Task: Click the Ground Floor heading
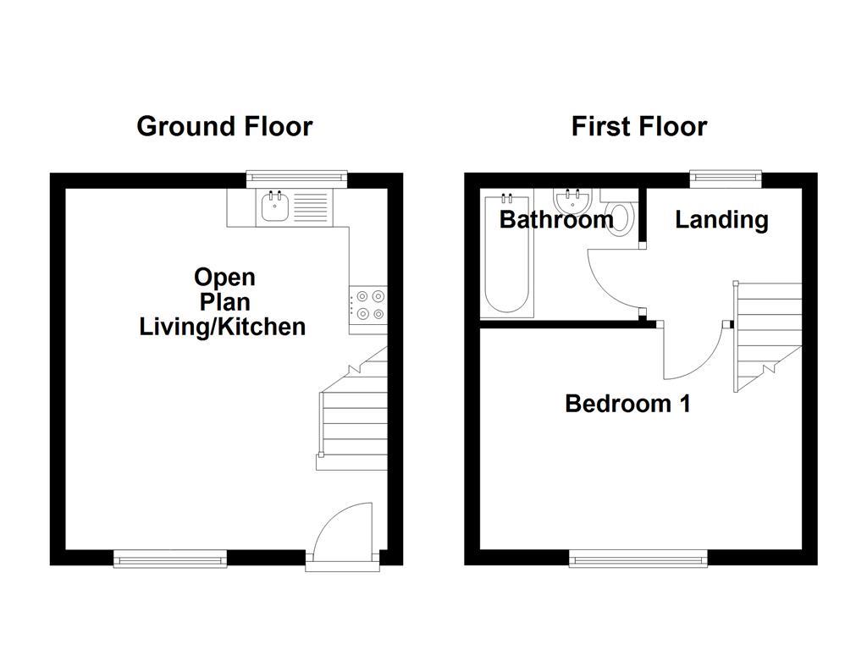click(x=224, y=127)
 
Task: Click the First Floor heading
click(x=638, y=127)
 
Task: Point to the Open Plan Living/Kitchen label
click(x=222, y=302)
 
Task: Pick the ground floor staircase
click(x=354, y=415)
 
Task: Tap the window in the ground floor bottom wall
click(x=170, y=558)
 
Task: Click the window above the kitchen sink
click(x=296, y=178)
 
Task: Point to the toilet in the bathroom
click(x=621, y=215)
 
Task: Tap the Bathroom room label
click(x=555, y=220)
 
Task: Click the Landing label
click(x=721, y=220)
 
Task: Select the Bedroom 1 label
click(x=627, y=404)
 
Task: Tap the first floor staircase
click(x=766, y=334)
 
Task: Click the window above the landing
click(x=725, y=178)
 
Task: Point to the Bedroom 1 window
click(x=638, y=558)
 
